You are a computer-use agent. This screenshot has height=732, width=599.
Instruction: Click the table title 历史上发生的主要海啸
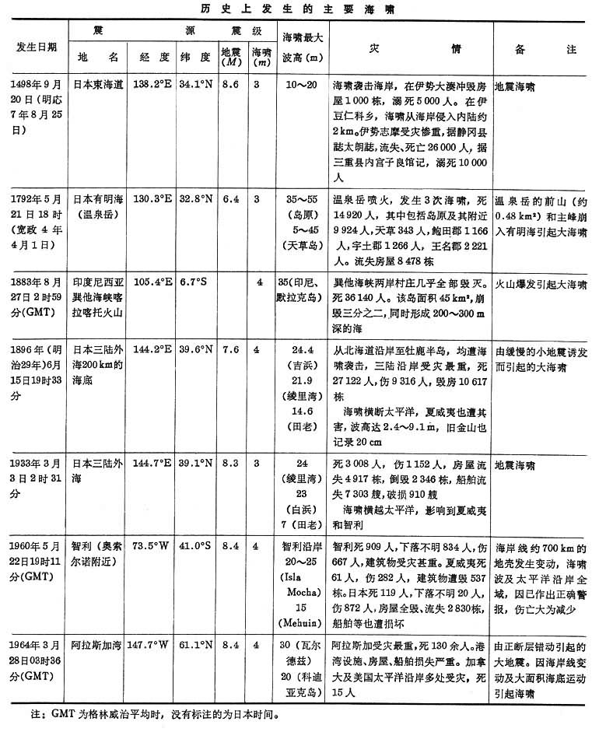click(299, 8)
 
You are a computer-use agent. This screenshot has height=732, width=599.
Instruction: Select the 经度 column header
click(153, 57)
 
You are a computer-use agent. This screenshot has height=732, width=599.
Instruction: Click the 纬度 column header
click(194, 57)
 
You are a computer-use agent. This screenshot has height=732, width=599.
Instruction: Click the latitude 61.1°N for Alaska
click(195, 645)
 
